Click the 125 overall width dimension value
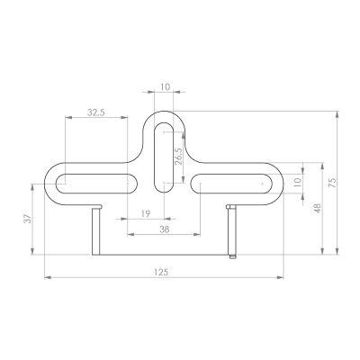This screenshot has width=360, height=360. pos(161,273)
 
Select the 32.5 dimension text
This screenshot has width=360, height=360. pos(96,112)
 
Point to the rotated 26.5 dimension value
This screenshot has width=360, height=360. pos(177,155)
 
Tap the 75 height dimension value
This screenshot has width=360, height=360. pos(332,183)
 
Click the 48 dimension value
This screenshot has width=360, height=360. pos(318,209)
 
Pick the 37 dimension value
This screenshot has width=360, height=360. pos(28,219)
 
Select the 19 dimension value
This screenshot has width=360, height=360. pos(146,213)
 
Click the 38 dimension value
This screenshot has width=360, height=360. pos(164,229)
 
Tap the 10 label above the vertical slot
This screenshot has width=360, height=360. pos(165,87)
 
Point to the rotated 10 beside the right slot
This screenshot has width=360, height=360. pos(297,183)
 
